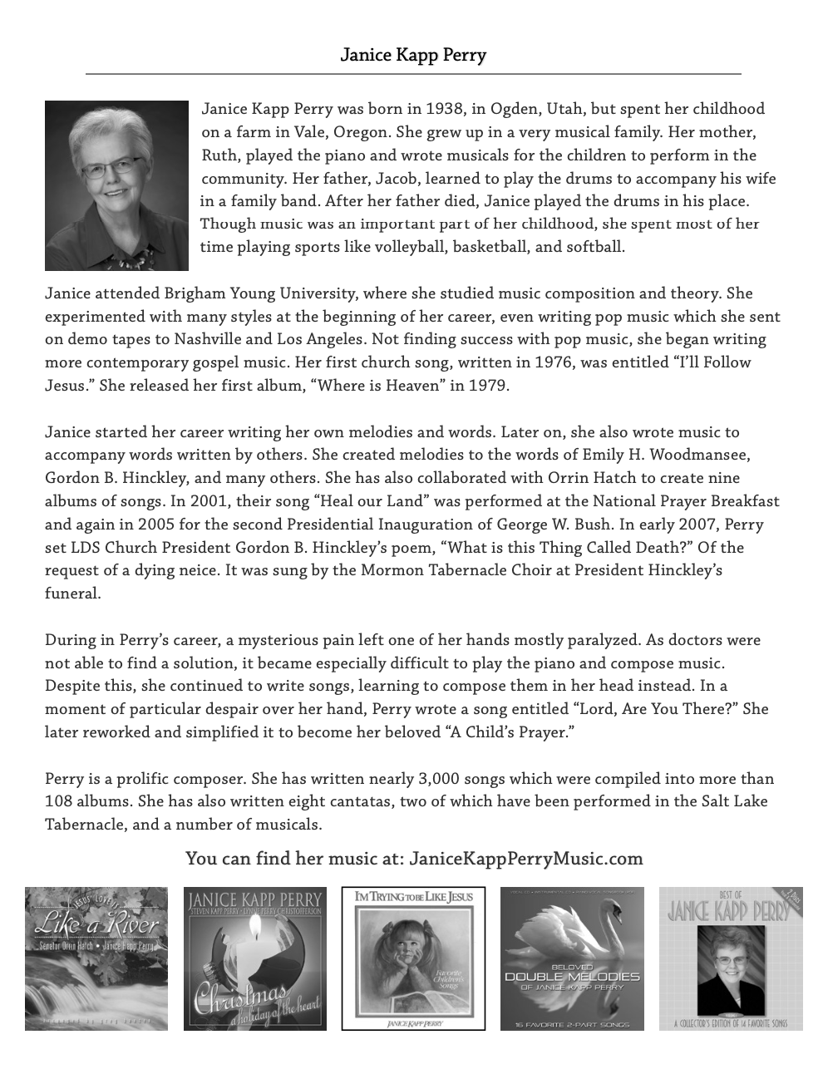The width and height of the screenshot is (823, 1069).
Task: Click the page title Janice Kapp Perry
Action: tap(413, 55)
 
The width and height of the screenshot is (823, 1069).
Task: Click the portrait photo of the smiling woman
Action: tap(116, 185)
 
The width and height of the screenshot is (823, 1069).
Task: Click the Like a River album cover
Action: tap(96, 958)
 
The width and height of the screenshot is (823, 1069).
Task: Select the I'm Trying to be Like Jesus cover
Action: tap(413, 958)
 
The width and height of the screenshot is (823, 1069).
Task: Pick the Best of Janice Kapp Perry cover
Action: tap(731, 958)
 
